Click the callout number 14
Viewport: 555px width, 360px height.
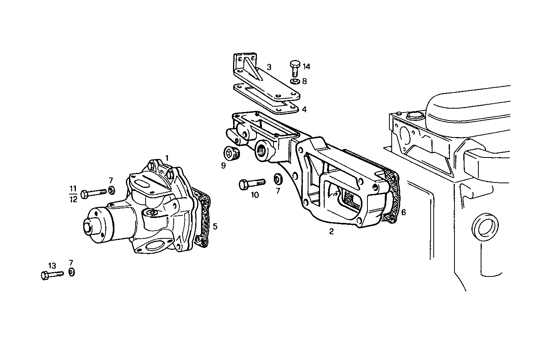click(306, 67)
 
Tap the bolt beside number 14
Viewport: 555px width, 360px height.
click(295, 68)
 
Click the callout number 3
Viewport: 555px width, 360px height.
click(270, 67)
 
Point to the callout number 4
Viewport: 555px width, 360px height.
click(304, 109)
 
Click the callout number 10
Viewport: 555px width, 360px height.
click(255, 195)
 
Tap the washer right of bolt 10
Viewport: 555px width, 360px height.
click(278, 179)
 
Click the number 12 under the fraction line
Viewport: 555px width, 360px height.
click(73, 199)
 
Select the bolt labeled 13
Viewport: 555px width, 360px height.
click(51, 275)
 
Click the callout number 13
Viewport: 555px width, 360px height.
click(52, 266)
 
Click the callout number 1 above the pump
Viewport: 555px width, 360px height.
click(167, 158)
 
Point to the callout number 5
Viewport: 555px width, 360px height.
click(215, 226)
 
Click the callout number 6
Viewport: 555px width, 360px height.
click(403, 212)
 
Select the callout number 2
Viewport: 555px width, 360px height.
click(331, 231)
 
